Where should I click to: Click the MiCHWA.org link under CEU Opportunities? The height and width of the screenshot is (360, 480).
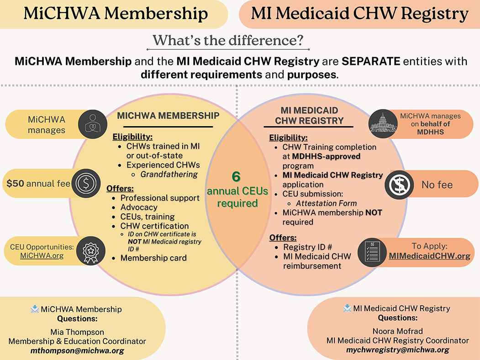[42, 256]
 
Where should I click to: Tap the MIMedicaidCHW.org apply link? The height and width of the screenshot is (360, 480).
[429, 256]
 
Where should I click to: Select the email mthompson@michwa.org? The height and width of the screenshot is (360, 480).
[77, 351]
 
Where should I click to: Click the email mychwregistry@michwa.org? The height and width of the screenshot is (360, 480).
[398, 350]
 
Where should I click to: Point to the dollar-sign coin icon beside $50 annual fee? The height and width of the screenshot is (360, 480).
[86, 183]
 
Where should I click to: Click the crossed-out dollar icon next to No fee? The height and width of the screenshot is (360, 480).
[400, 185]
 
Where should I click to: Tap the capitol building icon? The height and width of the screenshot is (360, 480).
[383, 124]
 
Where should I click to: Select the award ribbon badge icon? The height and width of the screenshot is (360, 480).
[91, 251]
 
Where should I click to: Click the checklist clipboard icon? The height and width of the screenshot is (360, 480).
[372, 252]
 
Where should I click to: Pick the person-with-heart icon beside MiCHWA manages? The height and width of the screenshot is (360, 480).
[93, 124]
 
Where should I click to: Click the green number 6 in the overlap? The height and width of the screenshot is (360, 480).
[236, 177]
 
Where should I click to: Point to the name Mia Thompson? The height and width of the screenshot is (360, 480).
[77, 332]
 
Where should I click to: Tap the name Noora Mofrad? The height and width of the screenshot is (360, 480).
[398, 331]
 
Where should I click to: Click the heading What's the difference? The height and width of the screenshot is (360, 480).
[228, 40]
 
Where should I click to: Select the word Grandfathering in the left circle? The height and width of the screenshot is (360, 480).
[169, 174]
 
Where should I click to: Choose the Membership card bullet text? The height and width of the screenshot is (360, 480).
[153, 258]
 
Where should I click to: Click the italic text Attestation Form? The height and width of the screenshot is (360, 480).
[327, 203]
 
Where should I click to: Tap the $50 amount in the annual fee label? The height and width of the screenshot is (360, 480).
[16, 183]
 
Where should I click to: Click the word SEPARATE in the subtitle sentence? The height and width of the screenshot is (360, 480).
[371, 61]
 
